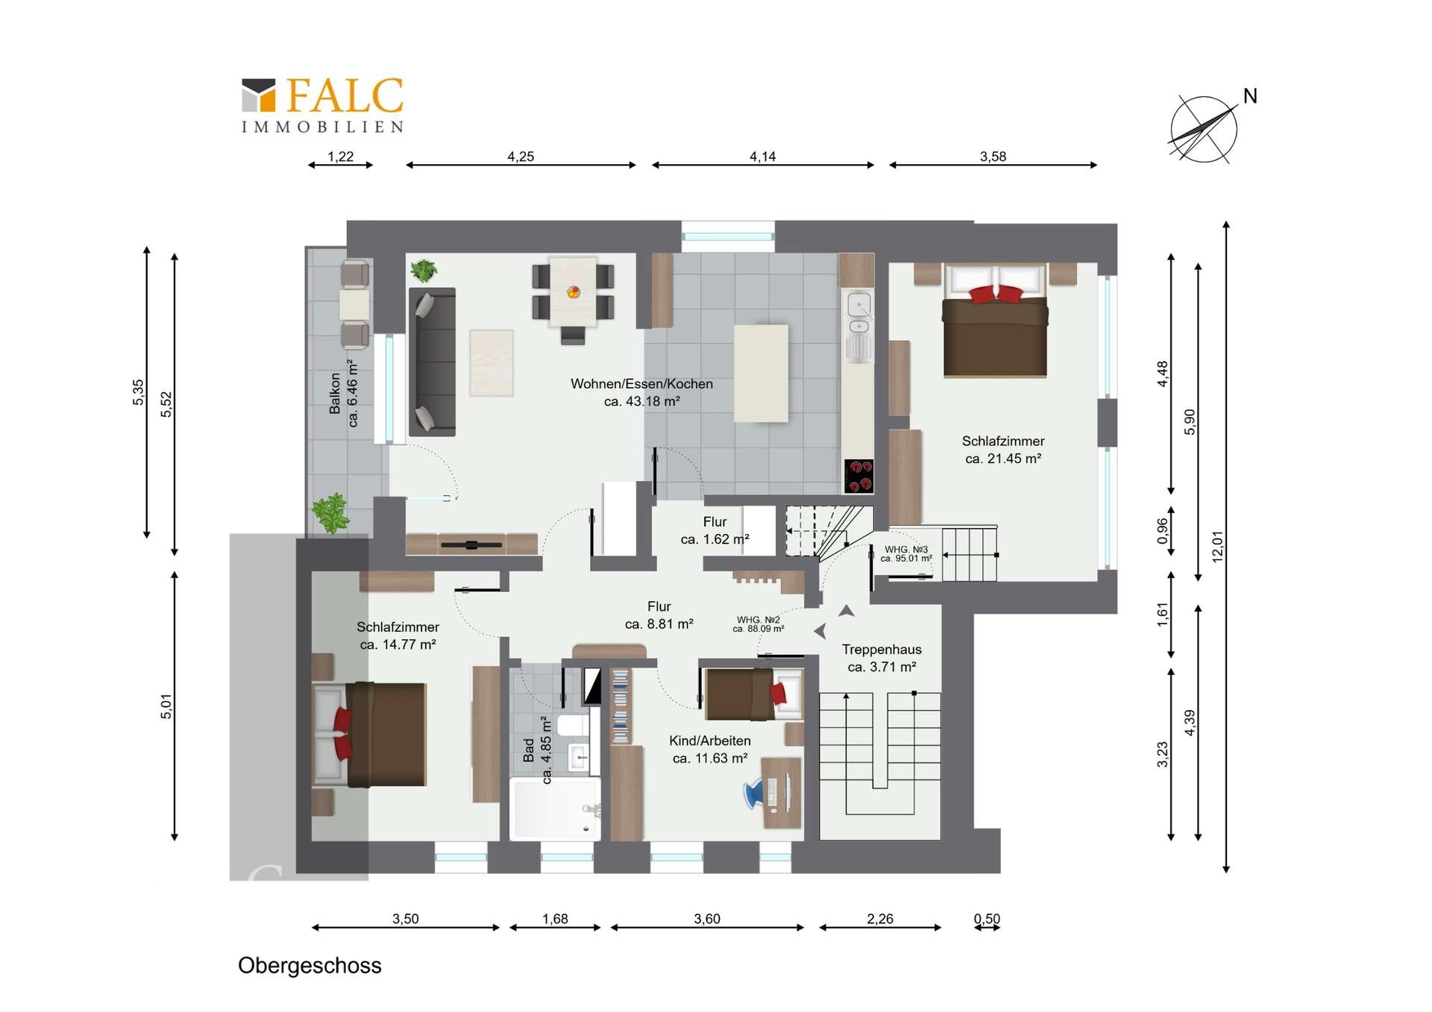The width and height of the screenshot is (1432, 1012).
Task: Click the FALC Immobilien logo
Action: point(322,105)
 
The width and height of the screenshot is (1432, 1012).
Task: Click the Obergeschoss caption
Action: point(310,965)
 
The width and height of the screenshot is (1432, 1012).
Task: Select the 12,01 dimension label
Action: point(1218,547)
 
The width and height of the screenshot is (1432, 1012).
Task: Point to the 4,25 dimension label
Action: point(521,157)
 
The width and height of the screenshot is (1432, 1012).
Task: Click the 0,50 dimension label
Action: point(987,919)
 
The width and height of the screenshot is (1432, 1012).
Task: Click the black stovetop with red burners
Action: point(858,476)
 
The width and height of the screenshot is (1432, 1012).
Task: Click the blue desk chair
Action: point(757,793)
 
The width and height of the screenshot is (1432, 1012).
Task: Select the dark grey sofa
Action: point(432,362)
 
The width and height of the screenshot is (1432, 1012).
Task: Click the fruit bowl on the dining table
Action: point(574,292)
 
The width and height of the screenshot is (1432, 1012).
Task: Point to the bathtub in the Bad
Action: point(555,808)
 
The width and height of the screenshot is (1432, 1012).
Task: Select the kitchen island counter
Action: point(761,374)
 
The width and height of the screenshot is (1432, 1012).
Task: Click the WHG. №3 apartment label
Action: point(906,553)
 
